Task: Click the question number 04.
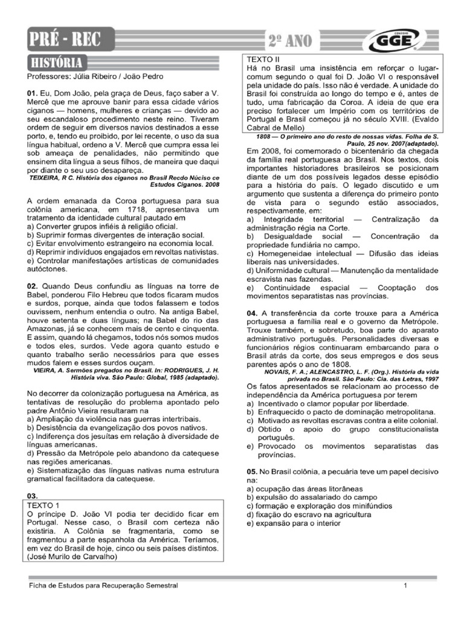(x=251, y=314)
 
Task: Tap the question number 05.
(x=251, y=470)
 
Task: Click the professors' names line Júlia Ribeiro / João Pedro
(x=94, y=77)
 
